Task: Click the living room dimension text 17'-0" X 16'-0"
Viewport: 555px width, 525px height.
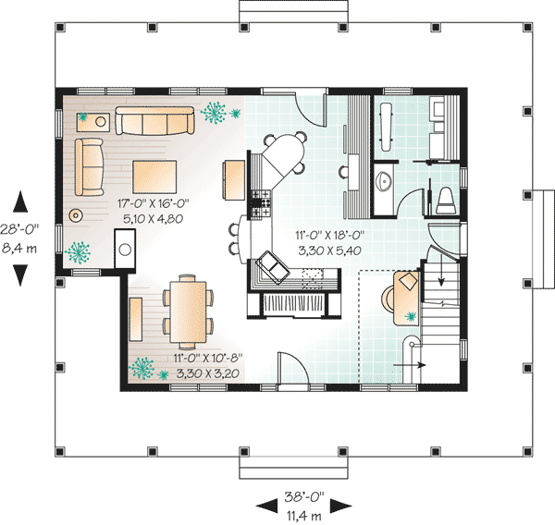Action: [x=153, y=203]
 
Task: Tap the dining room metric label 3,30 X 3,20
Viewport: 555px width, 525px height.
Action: [x=207, y=373]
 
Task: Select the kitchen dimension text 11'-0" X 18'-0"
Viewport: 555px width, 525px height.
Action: [x=330, y=236]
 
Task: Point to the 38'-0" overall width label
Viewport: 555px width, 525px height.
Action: [x=304, y=497]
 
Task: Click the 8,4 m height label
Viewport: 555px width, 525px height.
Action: [x=19, y=248]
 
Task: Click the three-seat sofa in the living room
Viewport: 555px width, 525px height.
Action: [x=154, y=121]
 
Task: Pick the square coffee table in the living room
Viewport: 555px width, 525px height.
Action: [x=154, y=177]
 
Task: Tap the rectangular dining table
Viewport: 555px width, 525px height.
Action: [x=188, y=311]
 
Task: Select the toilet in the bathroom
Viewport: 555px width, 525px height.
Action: [x=446, y=201]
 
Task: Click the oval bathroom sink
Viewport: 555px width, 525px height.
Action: [x=383, y=181]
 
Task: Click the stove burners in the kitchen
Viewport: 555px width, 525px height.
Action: [x=261, y=203]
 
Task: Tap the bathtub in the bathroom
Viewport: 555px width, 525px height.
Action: [x=386, y=127]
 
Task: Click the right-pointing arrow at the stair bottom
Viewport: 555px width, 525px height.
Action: [x=410, y=365]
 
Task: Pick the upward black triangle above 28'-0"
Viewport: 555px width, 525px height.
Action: [x=20, y=201]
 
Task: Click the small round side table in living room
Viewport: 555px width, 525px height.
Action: [x=76, y=214]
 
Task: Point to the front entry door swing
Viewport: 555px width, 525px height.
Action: [x=293, y=368]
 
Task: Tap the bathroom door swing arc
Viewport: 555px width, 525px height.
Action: [x=408, y=201]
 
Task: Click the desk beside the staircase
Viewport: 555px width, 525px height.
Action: [x=407, y=298]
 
